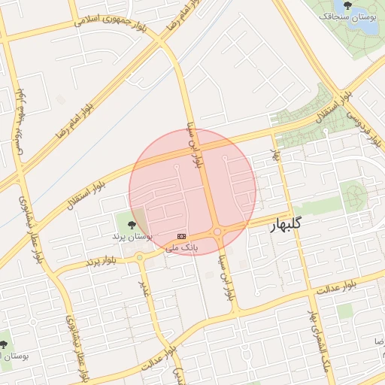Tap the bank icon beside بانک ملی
180,236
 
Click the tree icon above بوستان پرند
132,224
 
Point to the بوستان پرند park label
132,235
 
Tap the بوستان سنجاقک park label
347,16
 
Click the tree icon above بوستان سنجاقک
347,5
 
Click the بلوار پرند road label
103,261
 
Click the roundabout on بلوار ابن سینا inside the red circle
217,232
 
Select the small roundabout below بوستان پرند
139,258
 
